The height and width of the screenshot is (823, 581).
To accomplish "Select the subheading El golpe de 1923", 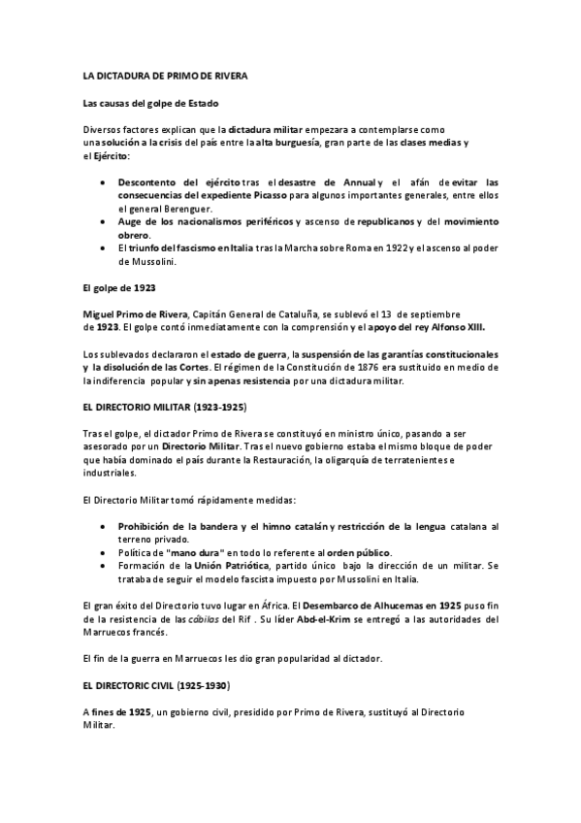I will point(118,288).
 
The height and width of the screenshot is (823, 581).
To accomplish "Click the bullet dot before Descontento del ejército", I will point(105,182).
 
